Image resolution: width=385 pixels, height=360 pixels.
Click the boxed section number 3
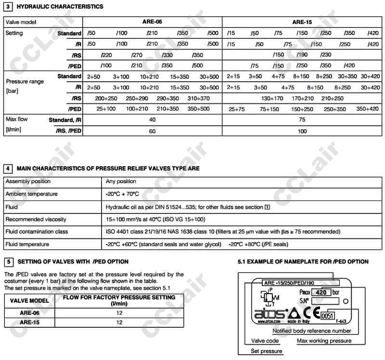(8, 7)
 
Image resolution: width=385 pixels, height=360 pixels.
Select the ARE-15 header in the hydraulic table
(302, 22)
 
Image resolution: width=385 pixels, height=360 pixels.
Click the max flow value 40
(153, 120)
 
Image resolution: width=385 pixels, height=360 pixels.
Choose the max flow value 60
(153, 131)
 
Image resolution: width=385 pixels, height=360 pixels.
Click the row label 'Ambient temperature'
(31, 194)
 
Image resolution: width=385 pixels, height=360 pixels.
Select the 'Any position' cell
(121, 181)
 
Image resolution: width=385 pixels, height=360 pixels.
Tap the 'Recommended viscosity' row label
(36, 219)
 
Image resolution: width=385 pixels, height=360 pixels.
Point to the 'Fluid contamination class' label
(37, 232)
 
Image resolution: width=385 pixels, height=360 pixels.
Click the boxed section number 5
(8, 261)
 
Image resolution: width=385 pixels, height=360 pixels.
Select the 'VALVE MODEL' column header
(27, 300)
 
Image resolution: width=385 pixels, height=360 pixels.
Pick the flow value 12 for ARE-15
(119, 323)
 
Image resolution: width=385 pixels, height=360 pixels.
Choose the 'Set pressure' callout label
(266, 351)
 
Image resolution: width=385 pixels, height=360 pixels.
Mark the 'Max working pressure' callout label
(324, 341)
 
